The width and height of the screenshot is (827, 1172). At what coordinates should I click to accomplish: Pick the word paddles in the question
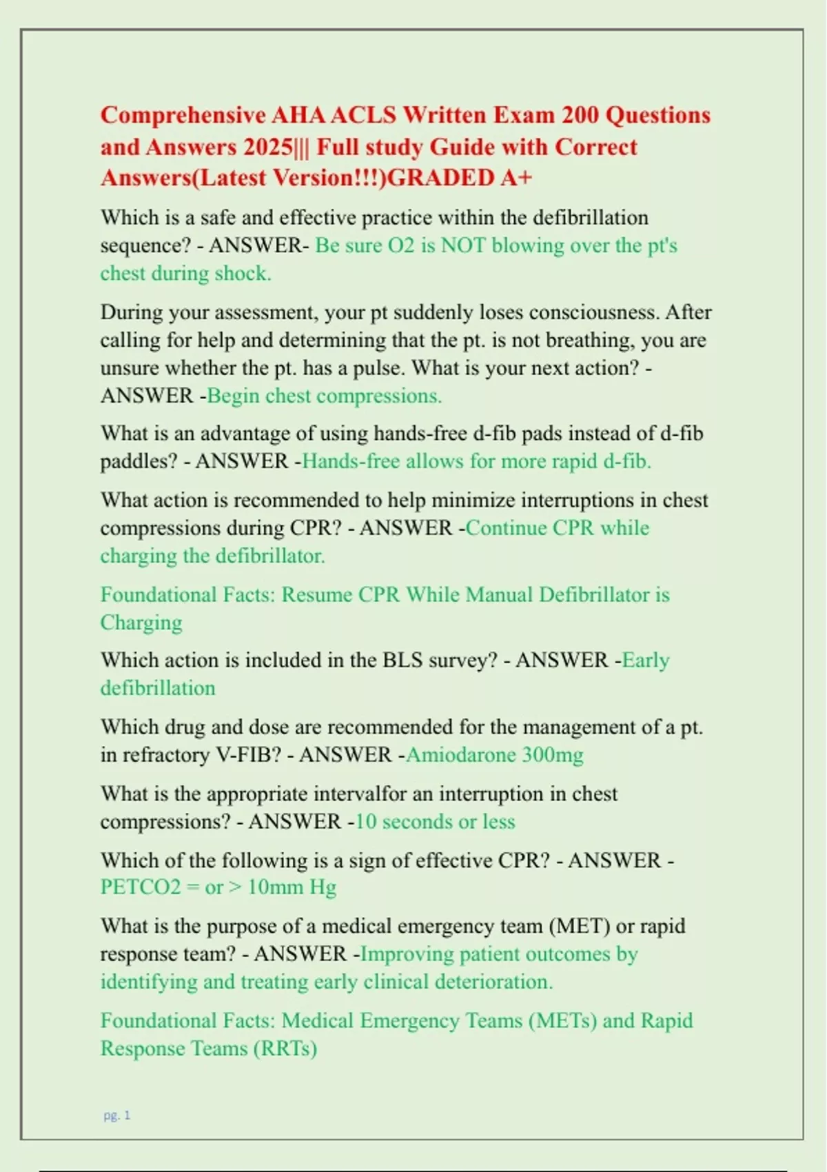[x=139, y=461]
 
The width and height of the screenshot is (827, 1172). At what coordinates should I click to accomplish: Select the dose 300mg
[x=553, y=755]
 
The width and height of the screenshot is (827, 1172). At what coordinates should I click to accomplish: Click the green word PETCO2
[x=141, y=887]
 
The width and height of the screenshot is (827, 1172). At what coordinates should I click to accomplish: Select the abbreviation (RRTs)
[x=285, y=1049]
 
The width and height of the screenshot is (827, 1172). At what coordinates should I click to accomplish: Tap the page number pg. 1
[x=117, y=1115]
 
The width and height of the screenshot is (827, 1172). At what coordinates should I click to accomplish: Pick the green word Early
[x=646, y=660]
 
